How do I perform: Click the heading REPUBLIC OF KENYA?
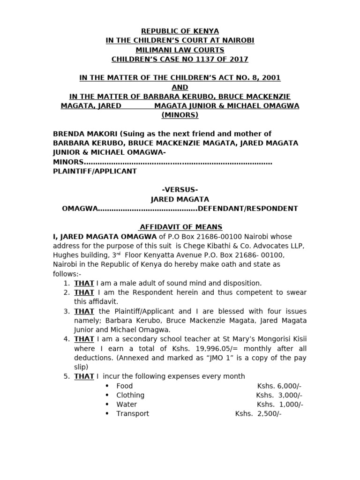180,31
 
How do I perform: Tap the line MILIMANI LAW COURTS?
180,50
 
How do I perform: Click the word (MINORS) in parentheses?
180,115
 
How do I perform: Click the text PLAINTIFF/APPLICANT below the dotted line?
95,171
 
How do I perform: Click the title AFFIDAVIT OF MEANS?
181,227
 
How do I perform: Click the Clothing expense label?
130,395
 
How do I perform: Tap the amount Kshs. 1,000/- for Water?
279,404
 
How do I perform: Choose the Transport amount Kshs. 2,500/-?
258,413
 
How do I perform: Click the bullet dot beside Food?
107,386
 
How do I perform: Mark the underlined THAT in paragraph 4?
84,339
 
